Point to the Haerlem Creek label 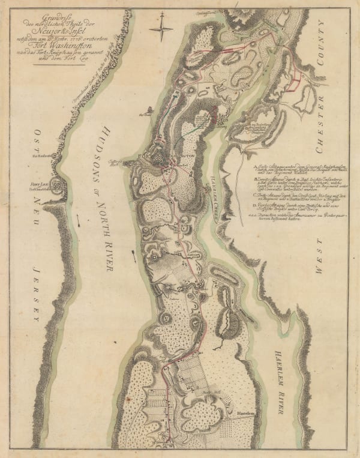(x=212, y=187)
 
